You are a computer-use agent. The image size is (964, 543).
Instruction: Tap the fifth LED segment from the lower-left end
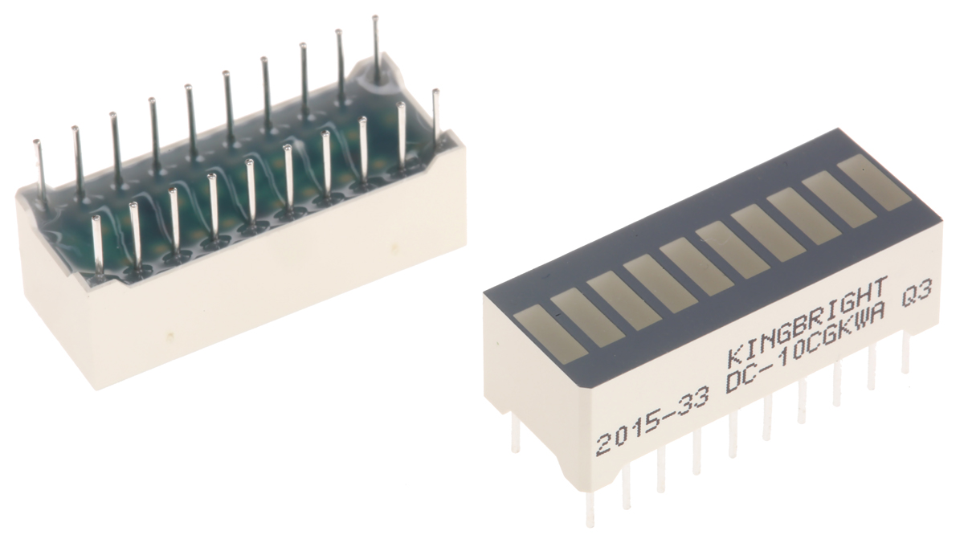click(697, 261)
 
